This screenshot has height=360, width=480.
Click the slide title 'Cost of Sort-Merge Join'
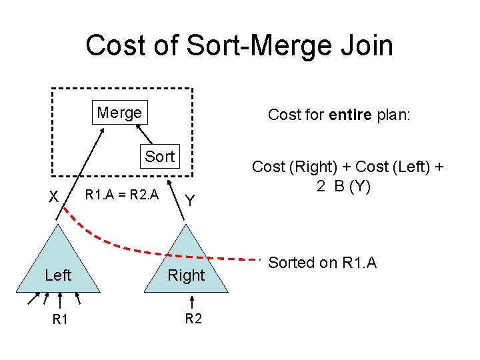pyautogui.click(x=239, y=45)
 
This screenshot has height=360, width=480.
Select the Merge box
pyautogui.click(x=119, y=113)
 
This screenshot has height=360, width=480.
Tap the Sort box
pyautogui.click(x=160, y=157)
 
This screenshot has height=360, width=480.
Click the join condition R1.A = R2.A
pyautogui.click(x=122, y=195)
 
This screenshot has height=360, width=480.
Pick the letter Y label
pyautogui.click(x=190, y=200)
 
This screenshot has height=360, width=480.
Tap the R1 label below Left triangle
pyautogui.click(x=60, y=320)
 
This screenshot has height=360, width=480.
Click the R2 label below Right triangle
pyautogui.click(x=193, y=319)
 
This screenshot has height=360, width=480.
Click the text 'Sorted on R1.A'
pyautogui.click(x=322, y=263)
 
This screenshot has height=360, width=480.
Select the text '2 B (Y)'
pyautogui.click(x=343, y=186)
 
